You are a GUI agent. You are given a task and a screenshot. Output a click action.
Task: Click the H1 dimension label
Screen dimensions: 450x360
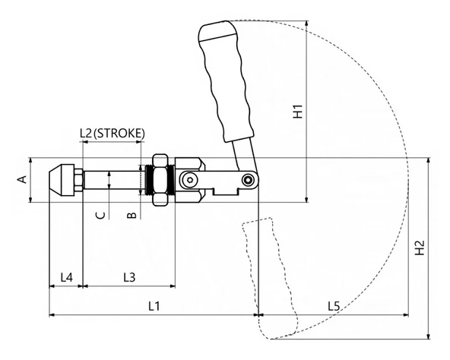coord(299,112)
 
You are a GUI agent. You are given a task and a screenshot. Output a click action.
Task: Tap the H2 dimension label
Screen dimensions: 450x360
coord(420,248)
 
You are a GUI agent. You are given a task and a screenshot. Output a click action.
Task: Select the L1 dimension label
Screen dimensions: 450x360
coord(154,306)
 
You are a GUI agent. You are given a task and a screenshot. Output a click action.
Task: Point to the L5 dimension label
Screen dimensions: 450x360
coord(334,306)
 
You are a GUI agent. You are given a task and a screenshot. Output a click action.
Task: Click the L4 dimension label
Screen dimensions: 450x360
coord(67,277)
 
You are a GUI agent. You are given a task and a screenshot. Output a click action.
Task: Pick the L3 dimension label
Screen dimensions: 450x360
coord(129,277)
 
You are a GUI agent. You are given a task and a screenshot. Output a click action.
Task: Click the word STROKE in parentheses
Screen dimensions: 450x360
coord(119,134)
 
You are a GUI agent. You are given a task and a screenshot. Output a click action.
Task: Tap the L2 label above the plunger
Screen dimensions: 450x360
coord(86,134)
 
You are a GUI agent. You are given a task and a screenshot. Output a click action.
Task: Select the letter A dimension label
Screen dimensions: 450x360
coord(22,179)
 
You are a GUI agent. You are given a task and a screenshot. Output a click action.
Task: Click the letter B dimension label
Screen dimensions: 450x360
coord(132,215)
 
